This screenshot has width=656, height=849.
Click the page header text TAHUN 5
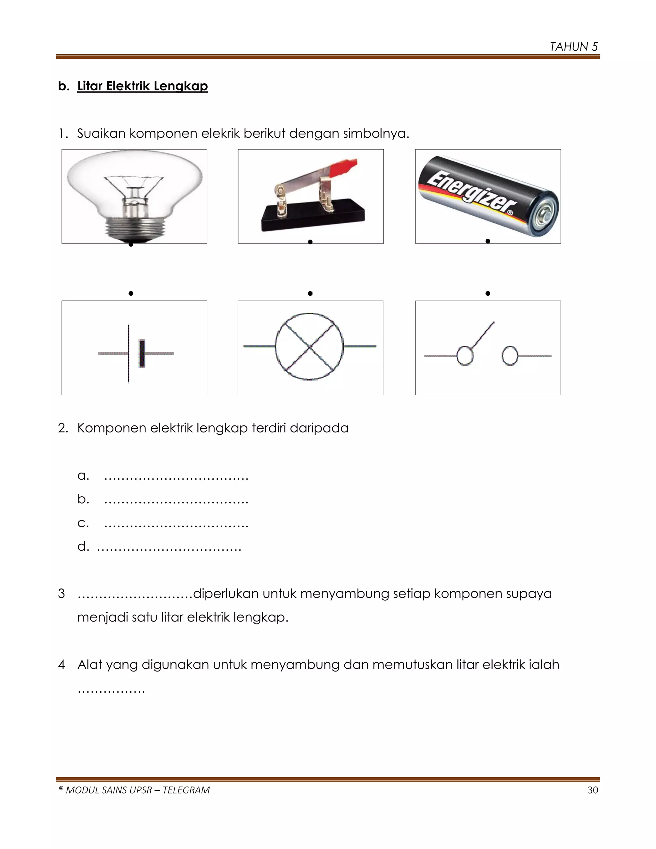pos(574,47)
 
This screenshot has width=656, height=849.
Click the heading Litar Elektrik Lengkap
pos(142,86)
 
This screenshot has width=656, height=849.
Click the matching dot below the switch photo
pos(310,242)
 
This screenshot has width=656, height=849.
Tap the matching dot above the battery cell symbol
pos(131,293)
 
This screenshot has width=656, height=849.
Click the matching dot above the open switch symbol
pos(488,293)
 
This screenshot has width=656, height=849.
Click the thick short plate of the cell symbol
pos(142,353)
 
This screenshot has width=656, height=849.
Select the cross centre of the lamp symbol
pos(310,346)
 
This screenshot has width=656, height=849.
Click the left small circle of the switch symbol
pos(465,356)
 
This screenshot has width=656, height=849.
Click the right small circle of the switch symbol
pos(510,356)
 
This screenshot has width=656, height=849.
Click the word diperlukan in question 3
pos(225,594)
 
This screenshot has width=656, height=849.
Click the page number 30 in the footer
pos(592,790)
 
